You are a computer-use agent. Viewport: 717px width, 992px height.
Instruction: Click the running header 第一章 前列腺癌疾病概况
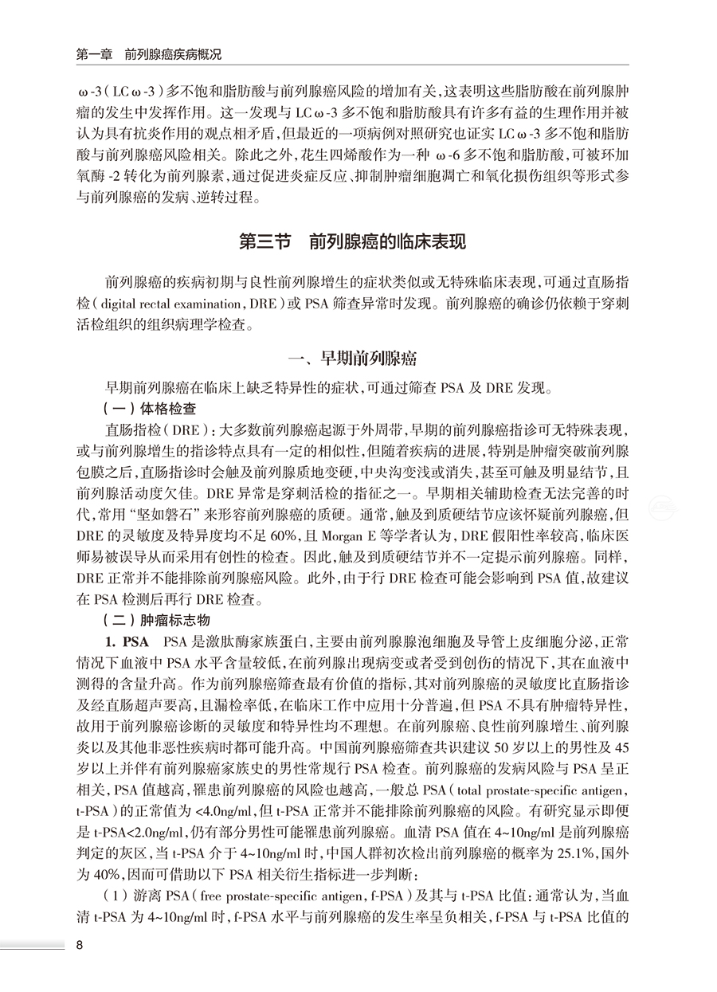tap(148, 55)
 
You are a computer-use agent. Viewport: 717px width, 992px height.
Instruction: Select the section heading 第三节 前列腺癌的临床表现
tap(358, 241)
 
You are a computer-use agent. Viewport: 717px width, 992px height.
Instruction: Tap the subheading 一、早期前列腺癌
tap(358, 359)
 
